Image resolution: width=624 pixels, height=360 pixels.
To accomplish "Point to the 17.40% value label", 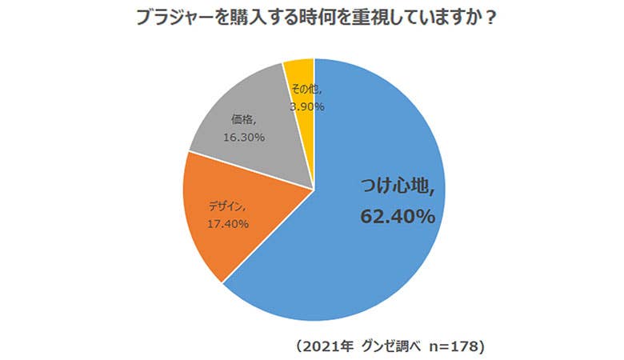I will pyautogui.click(x=228, y=224).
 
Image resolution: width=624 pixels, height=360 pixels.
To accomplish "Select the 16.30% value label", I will pyautogui.click(x=243, y=138).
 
